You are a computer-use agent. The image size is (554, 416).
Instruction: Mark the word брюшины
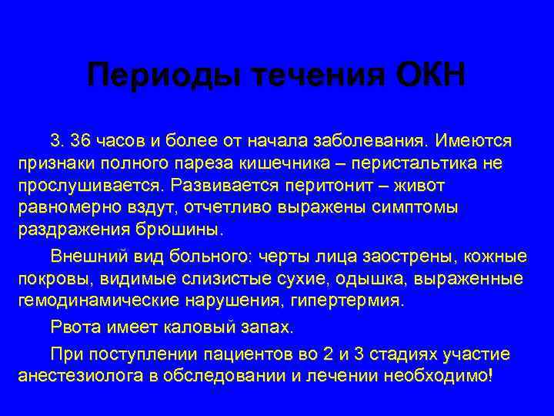tap(185, 230)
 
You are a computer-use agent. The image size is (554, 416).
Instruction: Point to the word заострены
tap(397, 255)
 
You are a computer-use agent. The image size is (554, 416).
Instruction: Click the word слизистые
tap(235, 277)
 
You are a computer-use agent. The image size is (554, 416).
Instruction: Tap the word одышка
tap(383, 277)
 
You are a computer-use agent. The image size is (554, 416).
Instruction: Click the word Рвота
tap(73, 327)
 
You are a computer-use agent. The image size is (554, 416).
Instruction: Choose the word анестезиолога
tap(77, 377)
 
